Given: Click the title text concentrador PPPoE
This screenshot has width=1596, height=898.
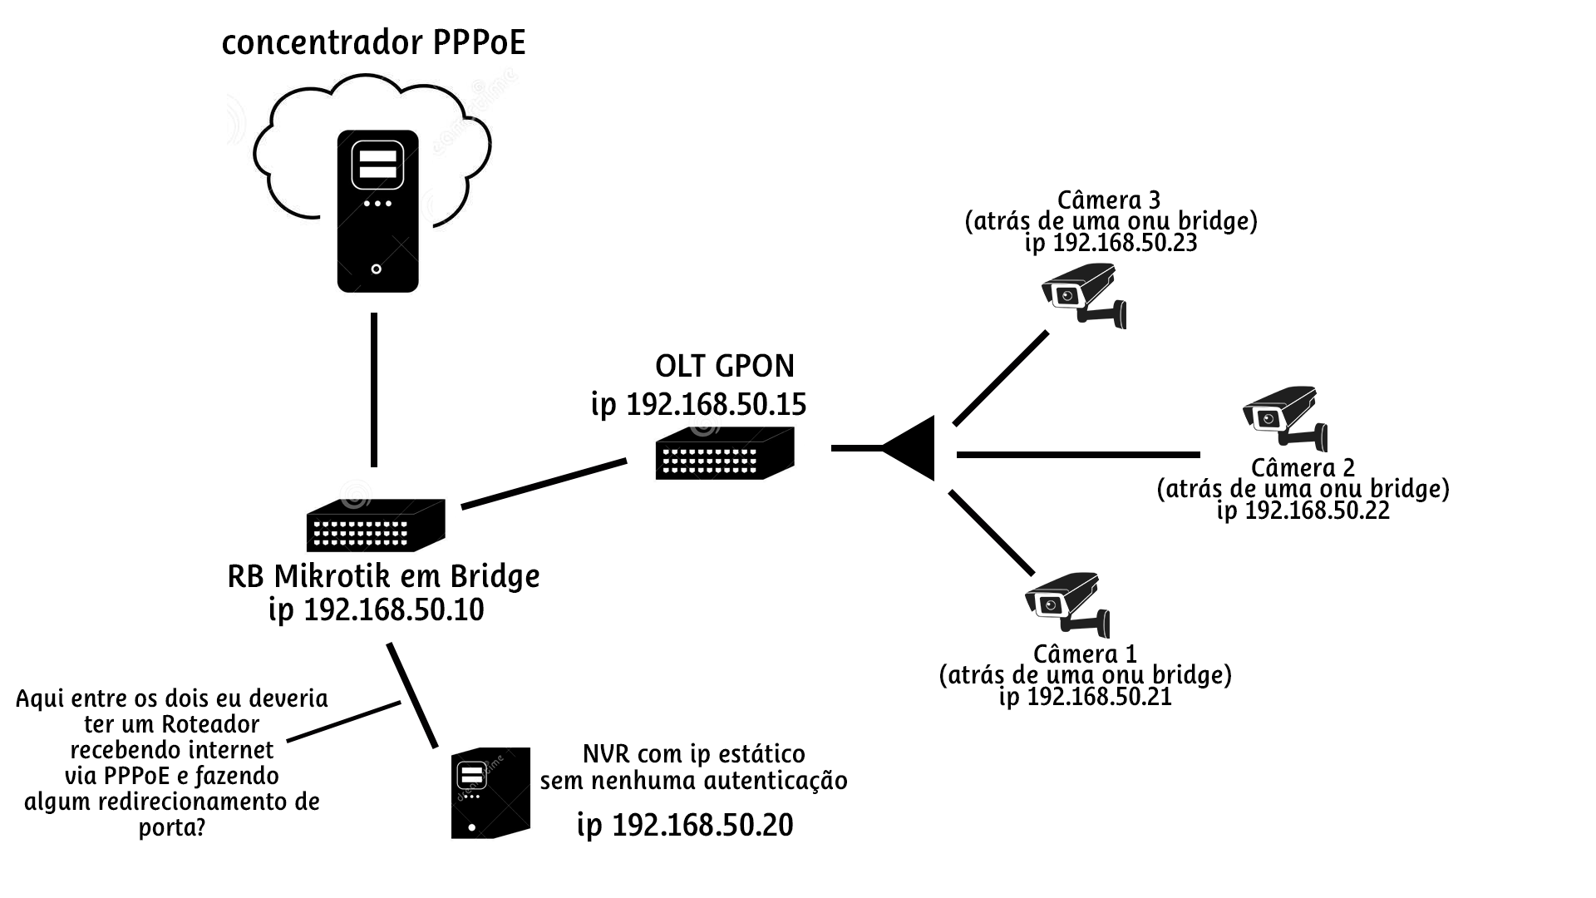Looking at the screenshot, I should point(373,43).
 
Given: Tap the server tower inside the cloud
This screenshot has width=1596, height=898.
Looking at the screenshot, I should point(377,211).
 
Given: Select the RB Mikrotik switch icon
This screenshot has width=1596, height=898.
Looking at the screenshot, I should point(376,525).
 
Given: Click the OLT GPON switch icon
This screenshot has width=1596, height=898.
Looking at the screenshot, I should point(725,453).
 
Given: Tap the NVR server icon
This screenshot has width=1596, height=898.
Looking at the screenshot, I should point(490,792).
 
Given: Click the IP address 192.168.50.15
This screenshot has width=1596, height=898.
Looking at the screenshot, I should point(715,405).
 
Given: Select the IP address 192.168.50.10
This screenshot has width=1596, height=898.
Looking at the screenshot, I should point(393,610).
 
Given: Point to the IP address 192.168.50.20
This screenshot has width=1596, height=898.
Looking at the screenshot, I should point(702,825).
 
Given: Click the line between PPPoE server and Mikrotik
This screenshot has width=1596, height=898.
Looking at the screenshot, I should point(374,389).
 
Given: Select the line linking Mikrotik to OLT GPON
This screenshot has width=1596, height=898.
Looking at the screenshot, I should point(544,483).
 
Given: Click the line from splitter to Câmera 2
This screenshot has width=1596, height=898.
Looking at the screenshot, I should point(1078,455).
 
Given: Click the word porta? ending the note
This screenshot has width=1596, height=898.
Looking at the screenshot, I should point(172,828).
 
